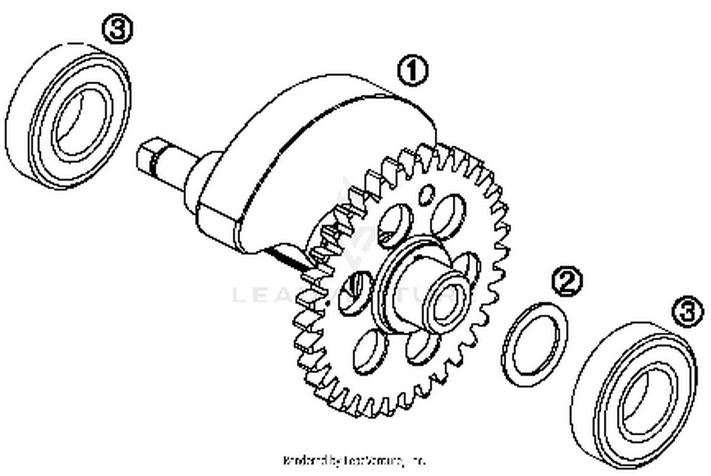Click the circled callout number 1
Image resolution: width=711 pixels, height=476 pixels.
pyautogui.click(x=412, y=71)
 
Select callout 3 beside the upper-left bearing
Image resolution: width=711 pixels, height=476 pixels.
pyautogui.click(x=118, y=29)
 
